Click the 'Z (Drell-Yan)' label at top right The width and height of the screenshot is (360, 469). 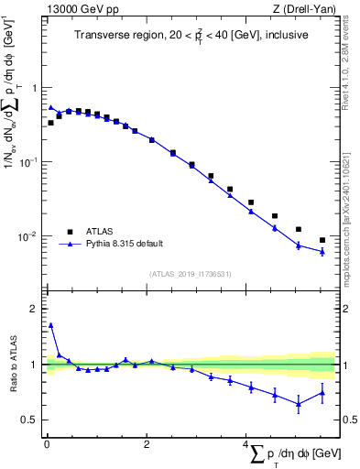pos(306,9)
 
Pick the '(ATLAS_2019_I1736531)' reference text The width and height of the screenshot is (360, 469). pos(190,273)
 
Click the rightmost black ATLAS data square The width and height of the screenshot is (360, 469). pos(322,240)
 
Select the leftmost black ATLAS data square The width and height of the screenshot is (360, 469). pos(51,122)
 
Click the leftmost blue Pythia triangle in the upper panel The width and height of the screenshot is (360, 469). pos(51,107)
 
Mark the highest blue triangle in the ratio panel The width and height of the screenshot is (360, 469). pos(51,324)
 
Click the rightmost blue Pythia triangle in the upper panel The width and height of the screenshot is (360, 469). pos(322,251)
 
